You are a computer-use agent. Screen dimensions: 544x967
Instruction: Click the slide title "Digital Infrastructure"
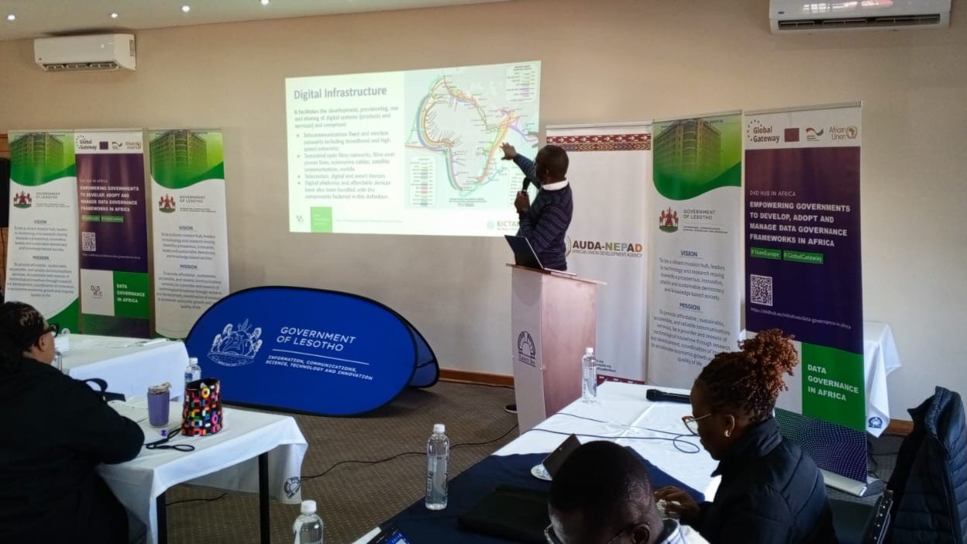[x=339, y=94]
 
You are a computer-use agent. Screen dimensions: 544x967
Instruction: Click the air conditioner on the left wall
[x=85, y=53]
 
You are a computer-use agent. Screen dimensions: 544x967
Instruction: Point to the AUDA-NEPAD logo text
[x=607, y=246]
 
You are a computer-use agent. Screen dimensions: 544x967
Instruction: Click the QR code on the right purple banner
[x=761, y=289]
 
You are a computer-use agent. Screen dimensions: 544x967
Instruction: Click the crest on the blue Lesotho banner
[x=235, y=343]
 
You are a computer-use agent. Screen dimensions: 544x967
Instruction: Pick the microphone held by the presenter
[x=526, y=184]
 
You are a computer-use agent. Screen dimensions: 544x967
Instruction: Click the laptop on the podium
[x=525, y=253]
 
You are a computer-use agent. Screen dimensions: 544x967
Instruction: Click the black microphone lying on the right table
[x=667, y=396]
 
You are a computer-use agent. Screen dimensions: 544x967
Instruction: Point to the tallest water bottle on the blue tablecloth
[x=437, y=467]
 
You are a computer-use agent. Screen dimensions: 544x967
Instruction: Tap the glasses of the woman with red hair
[x=692, y=422]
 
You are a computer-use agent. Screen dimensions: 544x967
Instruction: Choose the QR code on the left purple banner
[x=88, y=242]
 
